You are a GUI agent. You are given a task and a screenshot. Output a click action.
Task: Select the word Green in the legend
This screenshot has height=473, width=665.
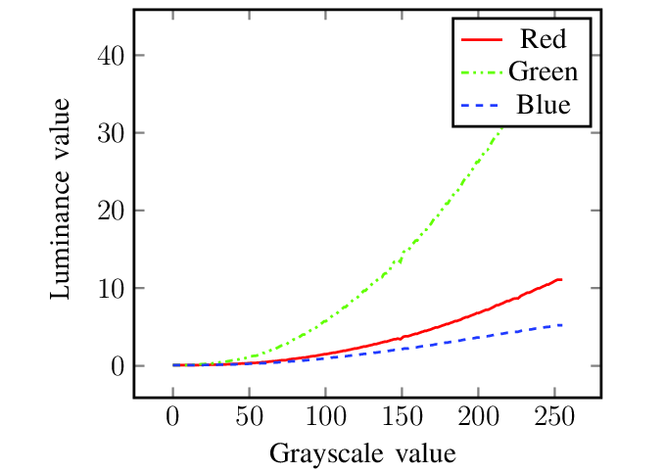point(543,71)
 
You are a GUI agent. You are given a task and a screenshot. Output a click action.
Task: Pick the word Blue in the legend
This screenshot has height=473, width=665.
point(543,104)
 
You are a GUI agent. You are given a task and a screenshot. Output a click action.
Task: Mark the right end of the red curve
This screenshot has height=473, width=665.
point(561,280)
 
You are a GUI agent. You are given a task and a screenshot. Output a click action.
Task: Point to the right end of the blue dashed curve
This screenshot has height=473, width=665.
point(561,324)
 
